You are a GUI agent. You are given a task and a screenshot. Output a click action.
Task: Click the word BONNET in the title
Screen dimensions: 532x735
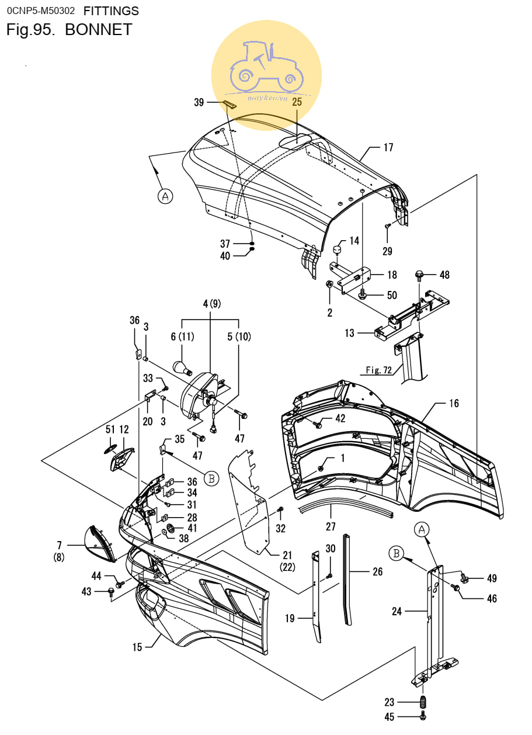pyautogui.click(x=98, y=30)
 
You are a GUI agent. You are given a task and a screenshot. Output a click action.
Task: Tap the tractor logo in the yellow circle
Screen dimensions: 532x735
pyautogui.click(x=267, y=67)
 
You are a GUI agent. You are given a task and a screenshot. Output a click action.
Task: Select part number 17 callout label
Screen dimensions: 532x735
pyautogui.click(x=388, y=148)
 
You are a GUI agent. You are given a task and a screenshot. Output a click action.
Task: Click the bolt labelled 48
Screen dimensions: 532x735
pyautogui.click(x=419, y=275)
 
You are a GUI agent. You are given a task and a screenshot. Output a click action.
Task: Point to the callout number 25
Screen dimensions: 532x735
pyautogui.click(x=297, y=102)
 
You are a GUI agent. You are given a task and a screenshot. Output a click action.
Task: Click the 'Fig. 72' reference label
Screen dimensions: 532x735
pyautogui.click(x=379, y=370)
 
